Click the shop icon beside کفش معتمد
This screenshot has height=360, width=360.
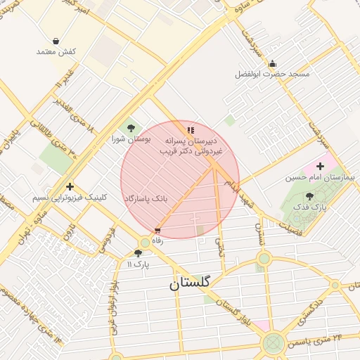click(56, 41)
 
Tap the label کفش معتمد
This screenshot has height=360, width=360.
click(56, 53)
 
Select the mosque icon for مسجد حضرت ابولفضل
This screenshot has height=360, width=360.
click(272, 64)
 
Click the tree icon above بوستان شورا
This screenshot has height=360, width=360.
click(131, 127)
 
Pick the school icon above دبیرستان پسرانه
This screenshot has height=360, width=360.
click(190, 130)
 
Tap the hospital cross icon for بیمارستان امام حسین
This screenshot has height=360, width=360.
click(321, 166)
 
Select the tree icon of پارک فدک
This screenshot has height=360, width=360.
click(309, 196)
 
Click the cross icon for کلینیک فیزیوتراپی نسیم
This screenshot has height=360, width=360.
click(69, 186)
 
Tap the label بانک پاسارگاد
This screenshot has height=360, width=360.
click(146, 199)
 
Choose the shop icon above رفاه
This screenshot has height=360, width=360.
click(157, 230)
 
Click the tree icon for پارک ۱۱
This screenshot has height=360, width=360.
click(138, 253)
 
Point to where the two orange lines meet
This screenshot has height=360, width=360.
click(214, 167)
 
